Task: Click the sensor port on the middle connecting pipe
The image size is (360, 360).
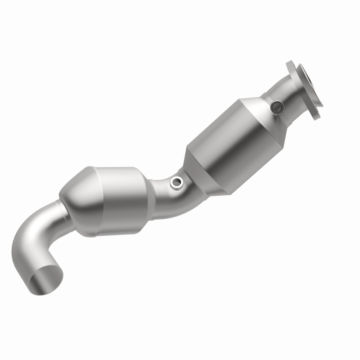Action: (x=175, y=182)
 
